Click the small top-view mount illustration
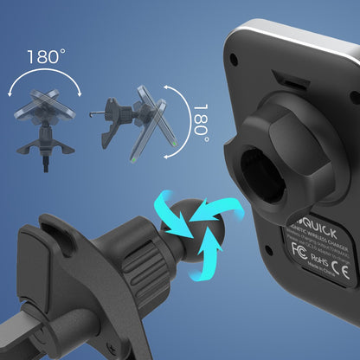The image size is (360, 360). coord(42,121)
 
